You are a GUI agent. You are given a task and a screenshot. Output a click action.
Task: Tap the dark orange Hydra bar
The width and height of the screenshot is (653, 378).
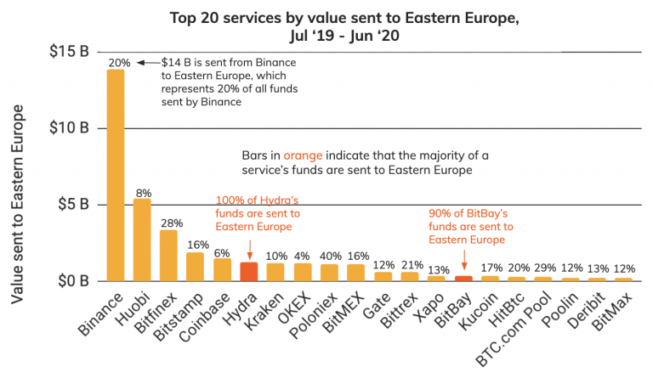tap(248, 272)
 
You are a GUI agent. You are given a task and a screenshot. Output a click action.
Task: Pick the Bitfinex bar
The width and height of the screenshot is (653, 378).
tap(168, 256)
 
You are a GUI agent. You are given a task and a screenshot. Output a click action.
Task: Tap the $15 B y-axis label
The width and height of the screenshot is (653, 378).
tap(72, 52)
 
